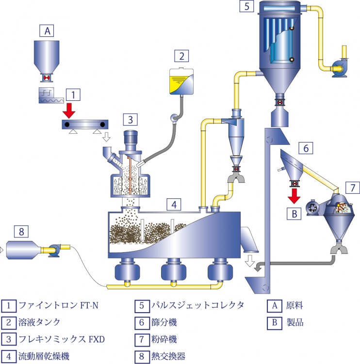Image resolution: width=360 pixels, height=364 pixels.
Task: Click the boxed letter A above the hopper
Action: pyautogui.click(x=47, y=31)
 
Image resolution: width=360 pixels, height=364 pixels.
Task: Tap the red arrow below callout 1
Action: pyautogui.click(x=69, y=111)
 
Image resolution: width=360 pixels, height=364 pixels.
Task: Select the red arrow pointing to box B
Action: pyautogui.click(x=294, y=196)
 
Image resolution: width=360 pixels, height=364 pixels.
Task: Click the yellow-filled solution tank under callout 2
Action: pyautogui.click(x=181, y=81)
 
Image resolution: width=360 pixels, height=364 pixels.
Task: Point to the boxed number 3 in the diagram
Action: pyautogui.click(x=131, y=120)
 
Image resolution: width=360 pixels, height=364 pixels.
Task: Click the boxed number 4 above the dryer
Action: pyautogui.click(x=174, y=205)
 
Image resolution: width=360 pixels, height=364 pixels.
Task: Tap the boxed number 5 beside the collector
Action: pyautogui.click(x=247, y=6)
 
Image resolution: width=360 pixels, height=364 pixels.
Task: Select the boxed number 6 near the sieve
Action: pyautogui.click(x=306, y=148)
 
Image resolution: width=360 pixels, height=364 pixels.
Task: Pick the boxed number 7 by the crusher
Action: pyautogui.click(x=353, y=188)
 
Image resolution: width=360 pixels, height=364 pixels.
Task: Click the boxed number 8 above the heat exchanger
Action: pyautogui.click(x=21, y=231)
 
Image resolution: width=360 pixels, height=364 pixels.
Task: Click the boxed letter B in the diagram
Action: pyautogui.click(x=294, y=214)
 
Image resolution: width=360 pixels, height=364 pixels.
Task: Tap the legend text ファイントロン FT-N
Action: pyautogui.click(x=58, y=305)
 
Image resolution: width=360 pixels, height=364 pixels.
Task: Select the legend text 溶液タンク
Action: pyautogui.click(x=39, y=322)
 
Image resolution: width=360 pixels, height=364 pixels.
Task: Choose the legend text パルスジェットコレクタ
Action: pyautogui.click(x=198, y=305)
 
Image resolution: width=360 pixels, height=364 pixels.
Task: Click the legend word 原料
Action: pyautogui.click(x=295, y=305)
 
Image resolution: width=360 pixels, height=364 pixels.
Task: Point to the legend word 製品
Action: pyautogui.click(x=295, y=322)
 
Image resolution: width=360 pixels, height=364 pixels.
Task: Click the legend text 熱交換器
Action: pyautogui.click(x=168, y=356)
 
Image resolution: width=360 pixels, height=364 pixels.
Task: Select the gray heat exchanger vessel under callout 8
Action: pyautogui.click(x=23, y=250)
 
